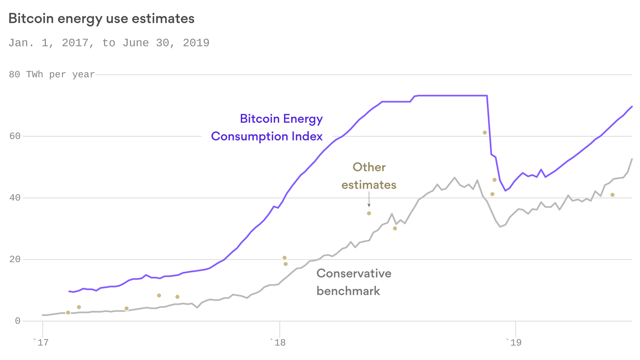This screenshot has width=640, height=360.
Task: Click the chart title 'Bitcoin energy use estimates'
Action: [101, 19]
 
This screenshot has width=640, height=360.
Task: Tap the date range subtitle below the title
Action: [109, 43]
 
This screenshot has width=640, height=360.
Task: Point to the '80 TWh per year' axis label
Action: [52, 75]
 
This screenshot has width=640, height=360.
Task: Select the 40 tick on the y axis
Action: [15, 198]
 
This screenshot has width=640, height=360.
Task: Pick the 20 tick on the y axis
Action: [15, 259]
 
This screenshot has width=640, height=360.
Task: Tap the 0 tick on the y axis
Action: [18, 321]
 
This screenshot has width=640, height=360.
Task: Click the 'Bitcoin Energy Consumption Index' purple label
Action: [267, 127]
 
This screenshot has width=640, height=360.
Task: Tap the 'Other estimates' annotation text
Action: [369, 176]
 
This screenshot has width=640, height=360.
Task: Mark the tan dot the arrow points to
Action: [369, 213]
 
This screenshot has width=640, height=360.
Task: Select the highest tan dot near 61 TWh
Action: [485, 133]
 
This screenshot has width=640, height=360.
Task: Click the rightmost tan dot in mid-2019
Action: [612, 195]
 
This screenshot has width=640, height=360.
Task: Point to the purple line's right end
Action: [632, 106]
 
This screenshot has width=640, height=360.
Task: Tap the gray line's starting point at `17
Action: [43, 315]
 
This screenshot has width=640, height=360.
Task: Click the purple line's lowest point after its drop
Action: [506, 190]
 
